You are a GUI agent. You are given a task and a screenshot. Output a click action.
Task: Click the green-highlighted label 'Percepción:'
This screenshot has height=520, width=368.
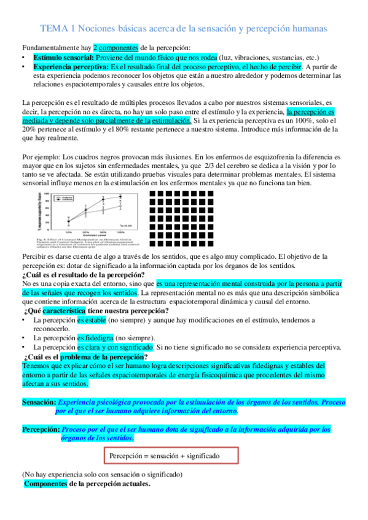[x=41, y=429]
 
